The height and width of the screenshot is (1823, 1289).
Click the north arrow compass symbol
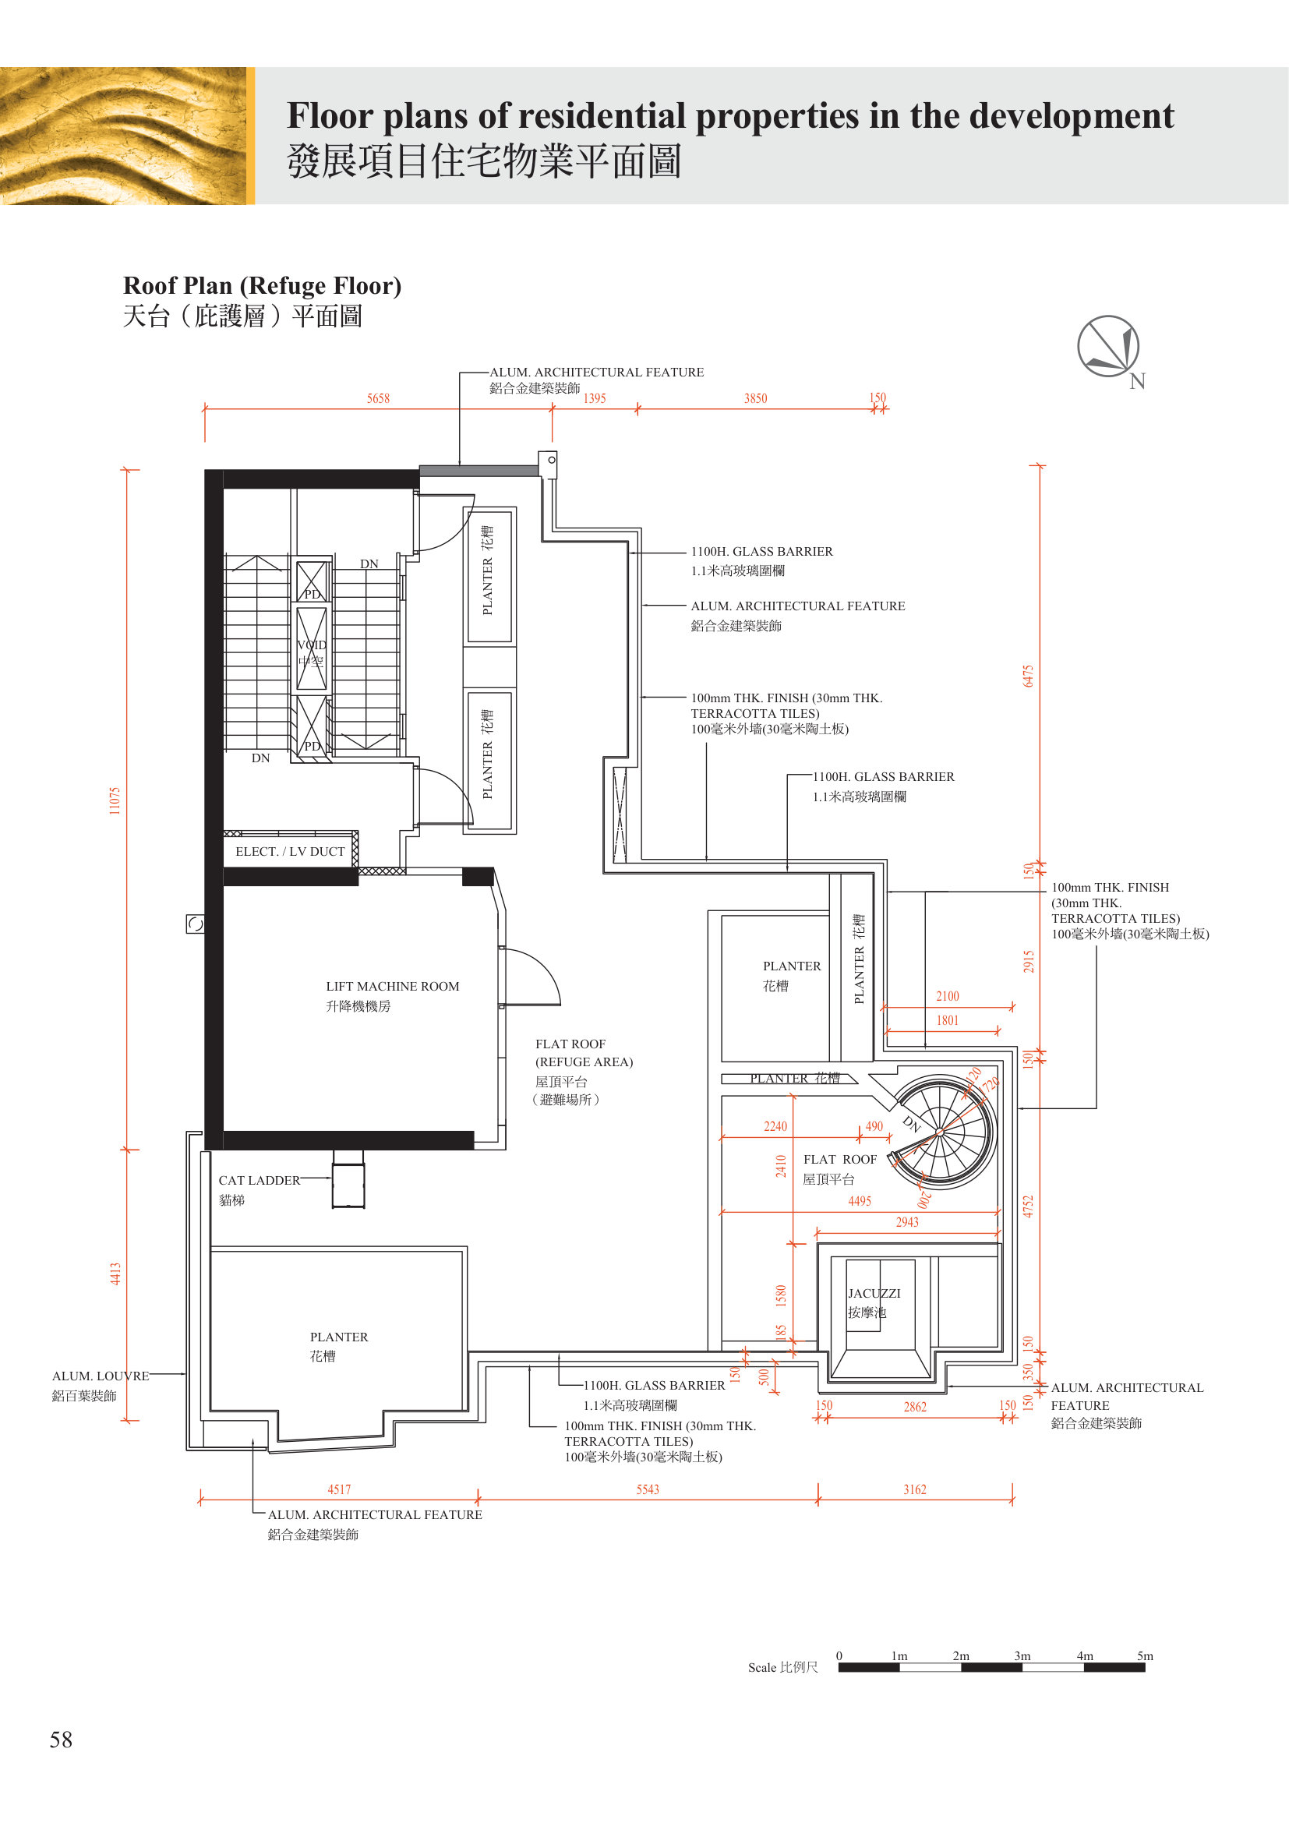1108,346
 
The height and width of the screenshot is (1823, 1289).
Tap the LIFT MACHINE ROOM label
392,986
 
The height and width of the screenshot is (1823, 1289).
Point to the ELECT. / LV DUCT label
290,851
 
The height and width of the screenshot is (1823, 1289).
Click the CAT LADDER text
260,1181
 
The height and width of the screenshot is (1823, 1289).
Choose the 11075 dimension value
115,800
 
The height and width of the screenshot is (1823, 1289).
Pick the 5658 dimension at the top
378,398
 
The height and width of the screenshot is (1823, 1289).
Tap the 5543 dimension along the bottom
648,1489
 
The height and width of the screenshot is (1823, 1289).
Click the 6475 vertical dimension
1028,676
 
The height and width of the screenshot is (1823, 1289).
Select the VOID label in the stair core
311,645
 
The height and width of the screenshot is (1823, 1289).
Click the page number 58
61,1740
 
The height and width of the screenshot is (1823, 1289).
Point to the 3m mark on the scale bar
1022,1655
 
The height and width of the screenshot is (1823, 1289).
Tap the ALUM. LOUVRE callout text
100,1376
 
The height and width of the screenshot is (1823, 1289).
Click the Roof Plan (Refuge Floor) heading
262,285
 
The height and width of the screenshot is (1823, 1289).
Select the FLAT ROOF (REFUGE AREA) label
584,1053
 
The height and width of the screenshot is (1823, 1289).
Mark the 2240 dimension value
775,1126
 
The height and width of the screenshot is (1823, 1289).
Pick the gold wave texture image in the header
123,136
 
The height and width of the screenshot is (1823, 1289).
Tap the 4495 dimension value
860,1201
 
